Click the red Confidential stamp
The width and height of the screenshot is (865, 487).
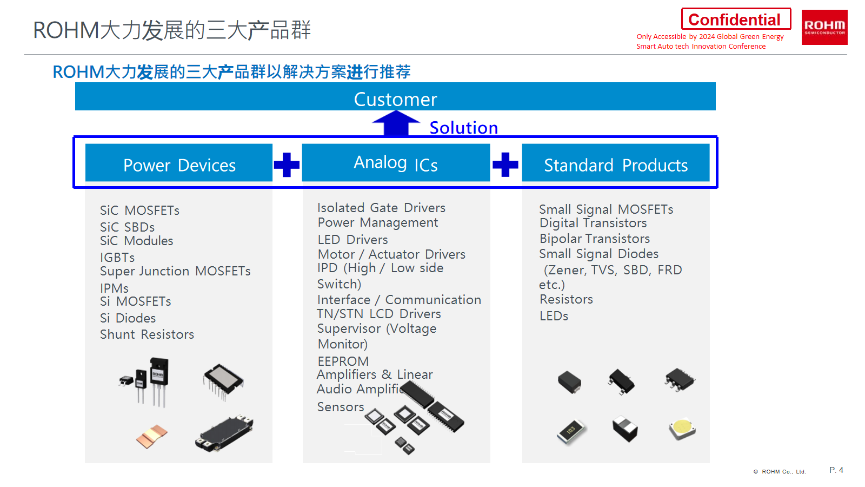(735, 19)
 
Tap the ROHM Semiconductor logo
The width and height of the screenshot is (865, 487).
(824, 27)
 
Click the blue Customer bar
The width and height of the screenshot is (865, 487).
(395, 97)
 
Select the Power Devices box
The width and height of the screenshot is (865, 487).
(179, 163)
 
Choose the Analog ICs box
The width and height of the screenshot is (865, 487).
(396, 163)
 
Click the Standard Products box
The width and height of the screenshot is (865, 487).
(615, 163)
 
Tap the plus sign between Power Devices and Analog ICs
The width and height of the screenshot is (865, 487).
(287, 164)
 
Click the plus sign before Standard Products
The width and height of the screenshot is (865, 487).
(505, 164)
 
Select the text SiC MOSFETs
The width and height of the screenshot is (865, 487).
(139, 210)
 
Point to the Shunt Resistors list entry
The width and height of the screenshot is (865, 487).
(147, 334)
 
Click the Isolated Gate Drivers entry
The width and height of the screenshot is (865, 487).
(381, 208)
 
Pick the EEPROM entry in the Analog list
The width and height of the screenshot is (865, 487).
(343, 361)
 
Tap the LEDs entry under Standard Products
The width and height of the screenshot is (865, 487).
(554, 316)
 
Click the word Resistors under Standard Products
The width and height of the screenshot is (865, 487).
(566, 299)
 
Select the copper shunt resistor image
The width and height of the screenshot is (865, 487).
(152, 436)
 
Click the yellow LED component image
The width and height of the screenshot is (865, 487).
(682, 429)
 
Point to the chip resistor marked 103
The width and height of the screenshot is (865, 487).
(571, 431)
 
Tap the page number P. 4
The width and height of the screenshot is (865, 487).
(836, 470)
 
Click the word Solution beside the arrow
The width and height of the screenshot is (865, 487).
(463, 128)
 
